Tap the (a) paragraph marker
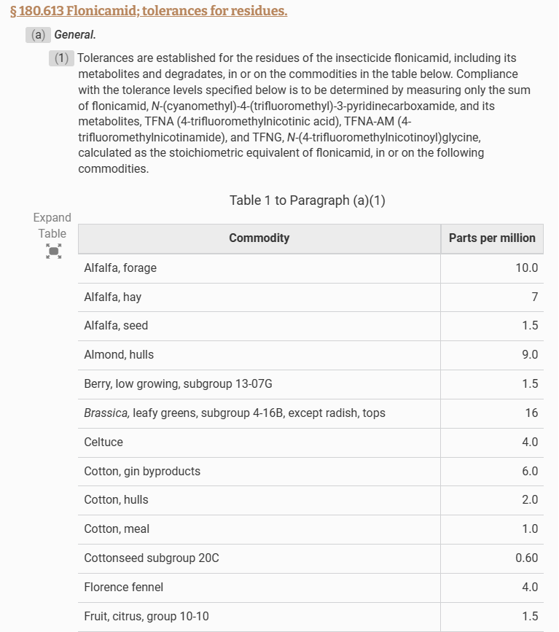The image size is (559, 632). click(x=38, y=35)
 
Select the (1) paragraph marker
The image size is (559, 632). click(x=62, y=58)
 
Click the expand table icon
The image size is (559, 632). click(x=53, y=251)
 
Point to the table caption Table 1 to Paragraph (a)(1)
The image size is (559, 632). click(x=307, y=200)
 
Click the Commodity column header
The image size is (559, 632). click(x=259, y=238)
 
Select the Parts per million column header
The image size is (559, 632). click(x=492, y=238)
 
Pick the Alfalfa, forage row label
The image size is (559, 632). click(x=120, y=268)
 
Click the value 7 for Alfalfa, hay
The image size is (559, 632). click(x=534, y=297)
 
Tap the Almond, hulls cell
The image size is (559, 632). click(x=119, y=355)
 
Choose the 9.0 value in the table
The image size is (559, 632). click(x=530, y=355)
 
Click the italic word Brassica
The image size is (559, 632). click(x=106, y=413)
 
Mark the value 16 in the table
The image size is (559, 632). click(x=531, y=413)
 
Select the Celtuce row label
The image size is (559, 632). click(x=103, y=442)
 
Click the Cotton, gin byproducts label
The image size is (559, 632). click(x=142, y=472)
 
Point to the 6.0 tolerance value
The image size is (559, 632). click(x=530, y=472)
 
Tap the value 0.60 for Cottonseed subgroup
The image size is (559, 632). click(x=526, y=558)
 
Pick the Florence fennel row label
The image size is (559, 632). click(x=123, y=588)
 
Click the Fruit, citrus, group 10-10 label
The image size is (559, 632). click(x=146, y=617)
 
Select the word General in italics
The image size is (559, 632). click(x=75, y=35)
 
